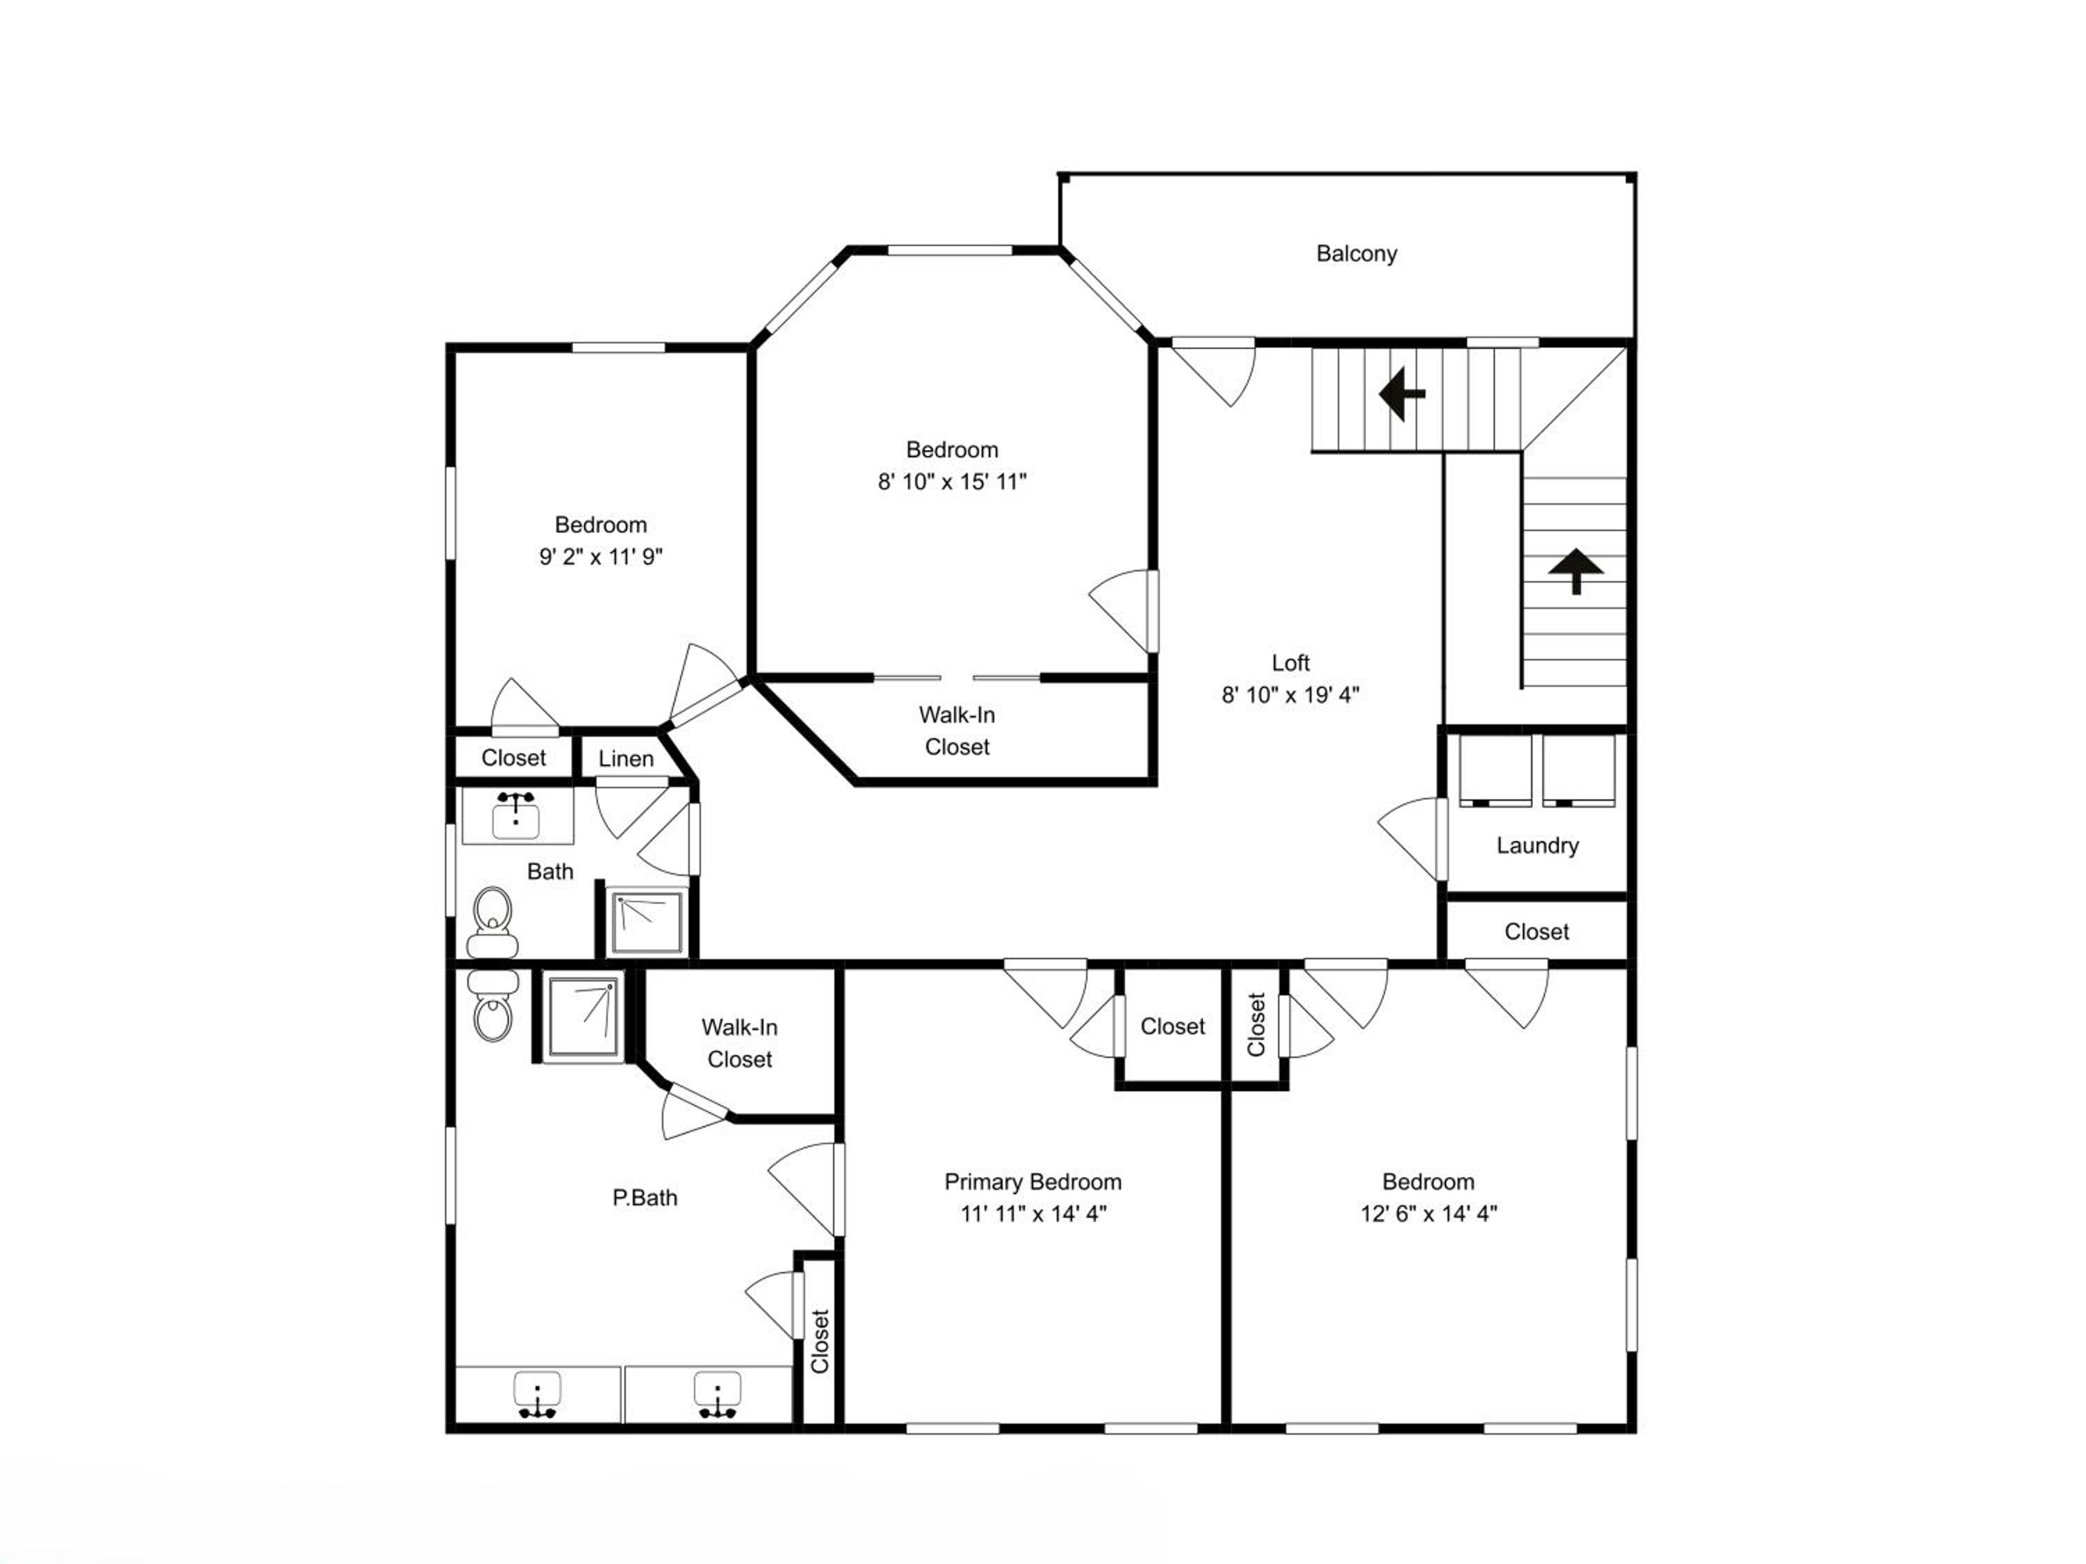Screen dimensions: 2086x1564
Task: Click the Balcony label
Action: tap(1356, 254)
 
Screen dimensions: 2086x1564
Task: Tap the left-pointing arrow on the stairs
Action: tap(1401, 393)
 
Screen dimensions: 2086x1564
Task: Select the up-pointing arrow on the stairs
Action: tap(1576, 572)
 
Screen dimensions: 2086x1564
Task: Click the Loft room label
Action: tap(1290, 662)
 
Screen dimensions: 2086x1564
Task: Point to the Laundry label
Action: tap(1537, 846)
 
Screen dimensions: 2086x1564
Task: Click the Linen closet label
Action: tap(625, 759)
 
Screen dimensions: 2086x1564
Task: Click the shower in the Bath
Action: tap(647, 922)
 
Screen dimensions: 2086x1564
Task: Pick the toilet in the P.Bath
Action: tap(492, 1006)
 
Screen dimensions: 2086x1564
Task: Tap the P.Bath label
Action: tap(645, 1198)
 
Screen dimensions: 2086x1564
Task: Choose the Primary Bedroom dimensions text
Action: tap(1033, 1213)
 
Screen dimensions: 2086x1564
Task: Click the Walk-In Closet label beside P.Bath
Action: tap(739, 1043)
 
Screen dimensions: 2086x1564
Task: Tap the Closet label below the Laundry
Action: tap(1536, 932)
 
